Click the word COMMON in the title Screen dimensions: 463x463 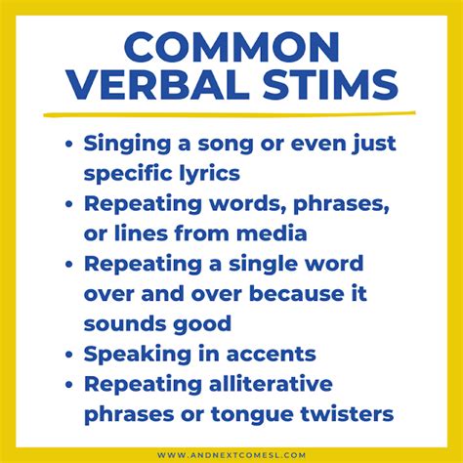[x=232, y=47]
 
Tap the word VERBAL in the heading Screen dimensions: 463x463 [x=158, y=84]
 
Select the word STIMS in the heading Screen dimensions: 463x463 [x=330, y=84]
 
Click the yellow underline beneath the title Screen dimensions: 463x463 [x=230, y=114]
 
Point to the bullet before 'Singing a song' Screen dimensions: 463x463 [x=68, y=144]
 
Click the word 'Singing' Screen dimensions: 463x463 [x=127, y=144]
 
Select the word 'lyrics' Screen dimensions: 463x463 [x=210, y=174]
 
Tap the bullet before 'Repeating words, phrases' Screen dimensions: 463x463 [x=68, y=204]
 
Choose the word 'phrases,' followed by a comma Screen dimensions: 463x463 [x=341, y=205]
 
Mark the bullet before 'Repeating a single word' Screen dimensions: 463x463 [x=68, y=265]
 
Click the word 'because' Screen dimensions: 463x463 [x=297, y=294]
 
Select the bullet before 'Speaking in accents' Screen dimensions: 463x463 [x=68, y=354]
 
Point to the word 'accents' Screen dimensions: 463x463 [x=271, y=355]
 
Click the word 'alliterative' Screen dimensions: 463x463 [x=271, y=384]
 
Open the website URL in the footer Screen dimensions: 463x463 [x=231, y=455]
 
